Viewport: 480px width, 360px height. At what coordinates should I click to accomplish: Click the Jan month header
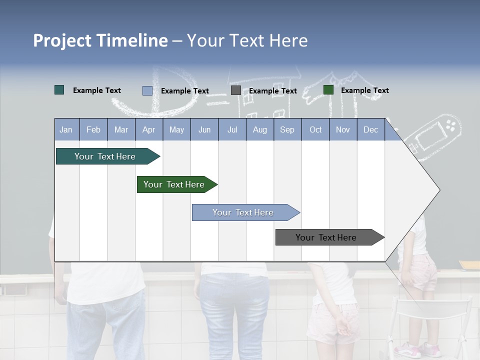coord(66,129)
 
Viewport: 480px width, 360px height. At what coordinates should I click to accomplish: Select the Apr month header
coord(148,129)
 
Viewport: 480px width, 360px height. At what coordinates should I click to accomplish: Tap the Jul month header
coord(232,129)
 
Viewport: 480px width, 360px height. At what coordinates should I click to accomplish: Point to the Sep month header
coord(287,129)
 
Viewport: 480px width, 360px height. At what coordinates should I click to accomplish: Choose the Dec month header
coord(370,129)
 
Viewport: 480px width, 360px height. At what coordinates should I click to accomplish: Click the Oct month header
coord(315,129)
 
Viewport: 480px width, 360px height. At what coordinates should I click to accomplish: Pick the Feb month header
coord(93,129)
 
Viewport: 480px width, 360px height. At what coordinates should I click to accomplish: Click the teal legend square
coord(59,90)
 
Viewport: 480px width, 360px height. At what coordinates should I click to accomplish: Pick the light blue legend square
coord(147,90)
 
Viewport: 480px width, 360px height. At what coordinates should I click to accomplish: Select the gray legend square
coord(236,90)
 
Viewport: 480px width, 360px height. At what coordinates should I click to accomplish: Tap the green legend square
coord(328,90)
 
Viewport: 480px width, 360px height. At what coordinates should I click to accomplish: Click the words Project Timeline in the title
coord(100,40)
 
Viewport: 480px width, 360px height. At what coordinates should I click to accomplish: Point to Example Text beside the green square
coord(364,90)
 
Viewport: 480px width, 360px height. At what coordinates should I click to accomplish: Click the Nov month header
coord(343,129)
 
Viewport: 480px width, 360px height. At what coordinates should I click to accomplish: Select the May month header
coord(176,129)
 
